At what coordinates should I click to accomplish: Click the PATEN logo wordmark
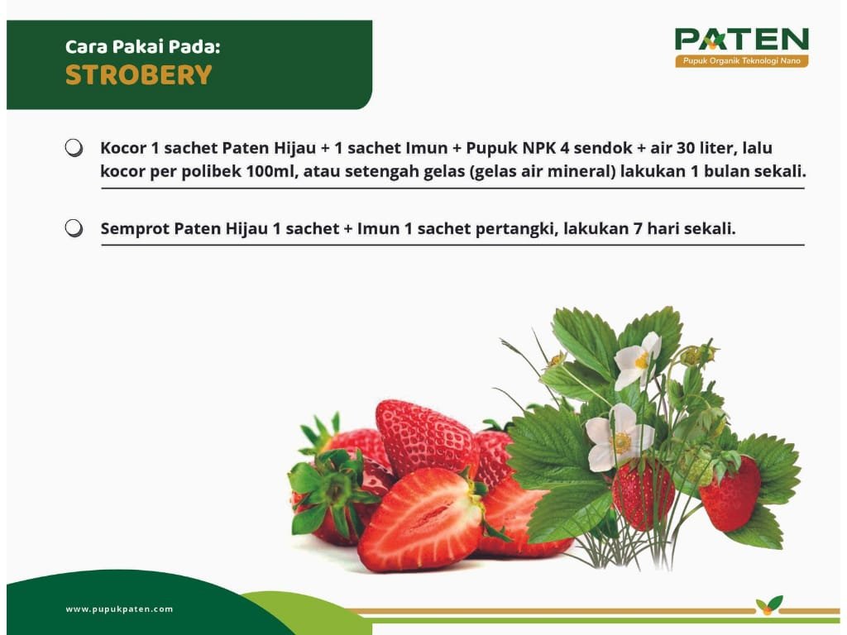point(742,39)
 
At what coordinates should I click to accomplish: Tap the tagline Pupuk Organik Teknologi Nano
point(742,60)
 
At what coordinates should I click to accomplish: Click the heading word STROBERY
point(139,75)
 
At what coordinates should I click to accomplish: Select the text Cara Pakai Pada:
point(142,47)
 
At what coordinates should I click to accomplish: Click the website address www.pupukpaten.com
point(119,609)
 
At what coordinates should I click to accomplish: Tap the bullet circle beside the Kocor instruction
point(74,148)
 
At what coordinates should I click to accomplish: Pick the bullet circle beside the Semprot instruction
point(74,228)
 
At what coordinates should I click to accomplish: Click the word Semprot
point(135,229)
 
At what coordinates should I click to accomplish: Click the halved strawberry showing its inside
point(421,518)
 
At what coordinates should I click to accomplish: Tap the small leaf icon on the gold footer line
point(769,604)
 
